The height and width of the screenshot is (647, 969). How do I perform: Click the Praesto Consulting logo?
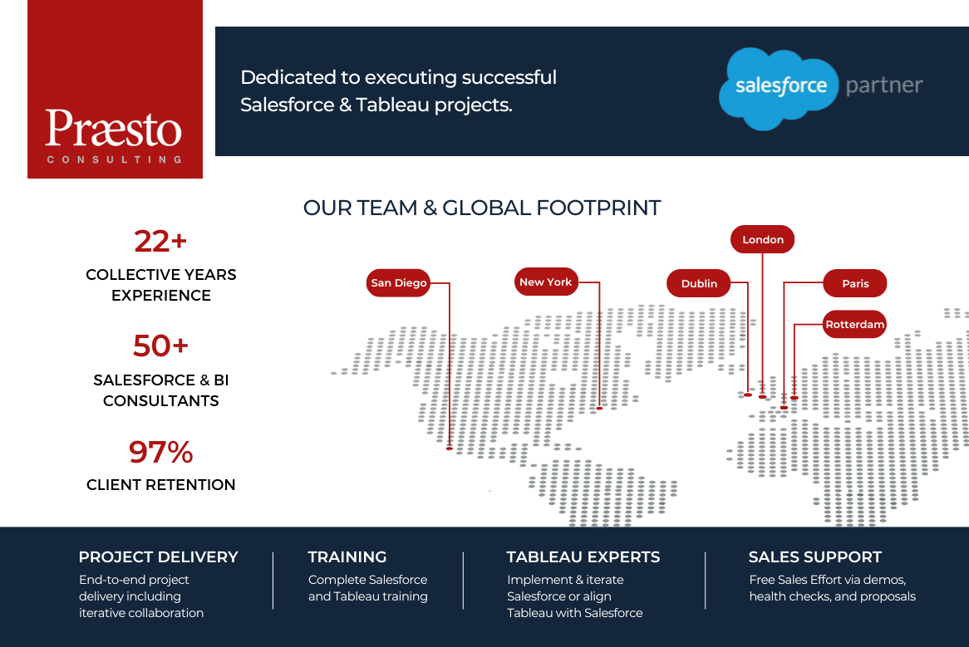tap(115, 89)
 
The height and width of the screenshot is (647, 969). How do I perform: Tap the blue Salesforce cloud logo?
tap(777, 88)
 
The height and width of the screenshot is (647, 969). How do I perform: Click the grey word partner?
tap(883, 86)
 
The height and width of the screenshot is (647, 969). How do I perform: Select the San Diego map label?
tap(398, 282)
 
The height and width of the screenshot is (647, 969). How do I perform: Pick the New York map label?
tap(546, 282)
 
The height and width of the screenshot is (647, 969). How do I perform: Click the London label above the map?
tap(763, 239)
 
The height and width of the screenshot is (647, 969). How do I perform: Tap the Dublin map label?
tap(699, 283)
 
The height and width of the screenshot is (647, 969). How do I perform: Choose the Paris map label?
tap(855, 283)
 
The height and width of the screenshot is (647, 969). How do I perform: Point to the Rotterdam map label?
tap(855, 324)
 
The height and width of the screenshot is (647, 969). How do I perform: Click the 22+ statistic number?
tap(160, 241)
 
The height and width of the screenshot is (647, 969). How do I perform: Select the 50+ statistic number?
tap(160, 346)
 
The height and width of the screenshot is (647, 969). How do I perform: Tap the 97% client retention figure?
tap(160, 452)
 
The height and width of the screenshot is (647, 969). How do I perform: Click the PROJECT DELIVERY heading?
tap(158, 556)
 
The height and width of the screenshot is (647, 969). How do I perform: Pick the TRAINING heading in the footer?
tap(347, 556)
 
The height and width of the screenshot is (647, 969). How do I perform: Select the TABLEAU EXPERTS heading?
tap(583, 556)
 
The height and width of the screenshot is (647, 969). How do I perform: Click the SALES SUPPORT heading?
tap(815, 556)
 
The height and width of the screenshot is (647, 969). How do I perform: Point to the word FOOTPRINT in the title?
tap(599, 208)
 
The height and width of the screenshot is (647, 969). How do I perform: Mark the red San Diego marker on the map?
tap(450, 448)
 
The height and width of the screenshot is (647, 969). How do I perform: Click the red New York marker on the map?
tap(599, 408)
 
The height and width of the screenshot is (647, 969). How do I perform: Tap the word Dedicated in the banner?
tap(288, 77)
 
